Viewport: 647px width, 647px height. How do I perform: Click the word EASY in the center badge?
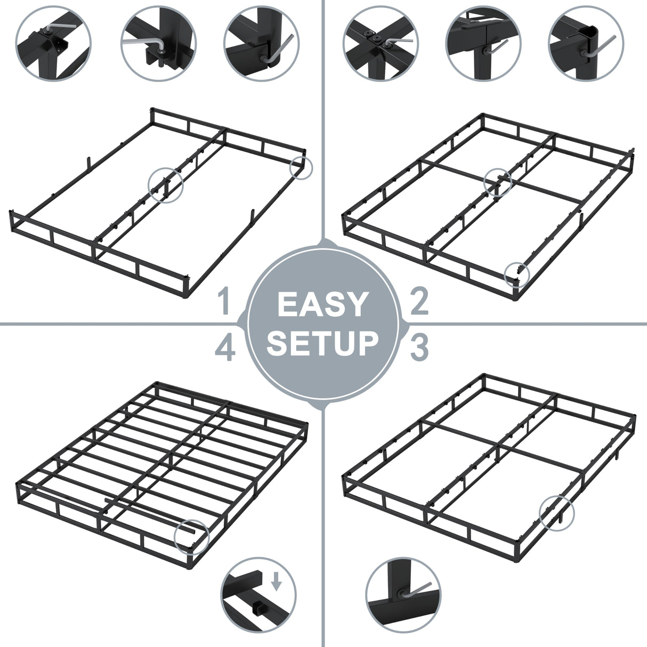pos(322,305)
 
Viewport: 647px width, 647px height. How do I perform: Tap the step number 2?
pos(419,301)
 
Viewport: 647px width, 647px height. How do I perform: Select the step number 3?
pos(419,347)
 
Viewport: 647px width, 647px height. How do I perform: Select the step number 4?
pos(225,349)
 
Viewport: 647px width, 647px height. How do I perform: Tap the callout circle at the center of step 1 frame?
pos(165,185)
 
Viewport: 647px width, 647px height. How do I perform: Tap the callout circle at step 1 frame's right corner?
pos(301,167)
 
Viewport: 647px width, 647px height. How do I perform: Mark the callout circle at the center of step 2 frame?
pos(498,182)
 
